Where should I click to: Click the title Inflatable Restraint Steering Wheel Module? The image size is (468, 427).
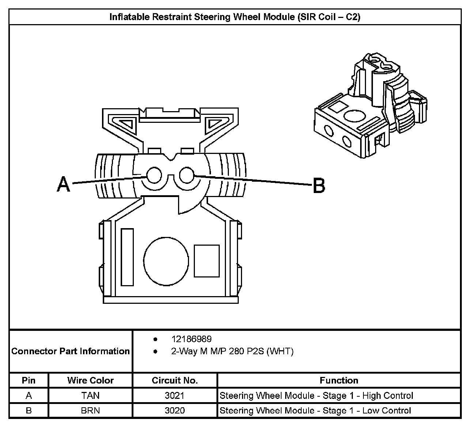tap(235, 17)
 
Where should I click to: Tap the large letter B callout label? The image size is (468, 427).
tap(319, 186)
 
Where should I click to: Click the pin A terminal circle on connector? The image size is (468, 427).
tap(154, 175)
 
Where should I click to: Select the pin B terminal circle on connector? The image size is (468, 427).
tap(186, 175)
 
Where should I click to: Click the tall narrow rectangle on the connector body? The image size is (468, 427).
tap(127, 257)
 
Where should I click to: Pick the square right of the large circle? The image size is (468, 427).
tap(207, 261)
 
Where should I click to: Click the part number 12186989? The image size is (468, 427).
tap(192, 339)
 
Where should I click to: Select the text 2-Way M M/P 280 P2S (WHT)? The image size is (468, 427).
tap(232, 351)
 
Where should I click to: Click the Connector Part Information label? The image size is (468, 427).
tap(71, 351)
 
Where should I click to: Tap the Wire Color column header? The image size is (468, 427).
tap(90, 380)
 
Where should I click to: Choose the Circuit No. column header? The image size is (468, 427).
tap(175, 380)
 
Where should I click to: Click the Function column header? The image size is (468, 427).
tap(339, 380)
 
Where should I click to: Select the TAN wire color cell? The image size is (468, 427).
tap(90, 396)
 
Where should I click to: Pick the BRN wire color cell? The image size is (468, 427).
tap(90, 411)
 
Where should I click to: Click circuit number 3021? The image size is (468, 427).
tap(175, 396)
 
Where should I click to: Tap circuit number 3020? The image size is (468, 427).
tap(175, 411)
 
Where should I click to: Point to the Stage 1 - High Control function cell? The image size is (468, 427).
tap(316, 396)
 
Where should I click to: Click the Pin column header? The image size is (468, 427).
tap(29, 380)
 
